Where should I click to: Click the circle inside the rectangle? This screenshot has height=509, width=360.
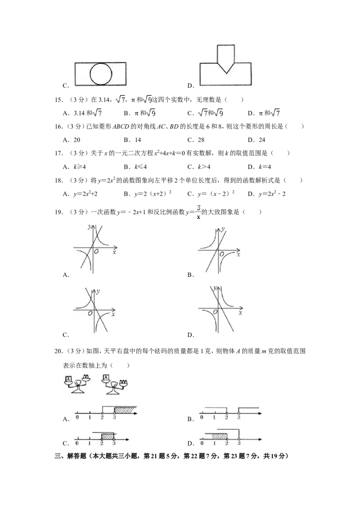(x=100, y=74)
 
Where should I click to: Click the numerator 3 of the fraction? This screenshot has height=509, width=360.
(x=198, y=208)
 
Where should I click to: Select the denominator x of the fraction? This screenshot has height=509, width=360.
(x=198, y=217)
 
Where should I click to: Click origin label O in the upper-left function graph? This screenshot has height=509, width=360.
(x=96, y=251)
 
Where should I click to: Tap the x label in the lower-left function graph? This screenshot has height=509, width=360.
(x=113, y=314)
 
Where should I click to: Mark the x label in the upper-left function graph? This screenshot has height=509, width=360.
(x=114, y=253)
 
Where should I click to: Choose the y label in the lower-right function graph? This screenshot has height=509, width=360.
(x=216, y=288)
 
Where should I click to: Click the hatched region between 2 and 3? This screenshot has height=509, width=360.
(x=108, y=436)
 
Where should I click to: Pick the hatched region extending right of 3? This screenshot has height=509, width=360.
(x=125, y=410)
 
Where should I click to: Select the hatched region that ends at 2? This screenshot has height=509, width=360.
(x=219, y=436)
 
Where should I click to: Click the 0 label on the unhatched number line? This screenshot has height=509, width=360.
(x=202, y=417)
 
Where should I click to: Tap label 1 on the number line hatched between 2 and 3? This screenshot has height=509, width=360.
(x=90, y=443)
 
